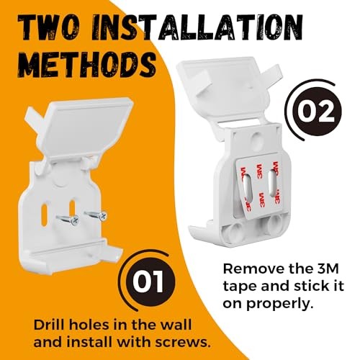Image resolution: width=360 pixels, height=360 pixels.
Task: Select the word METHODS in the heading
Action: pos(87,63)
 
